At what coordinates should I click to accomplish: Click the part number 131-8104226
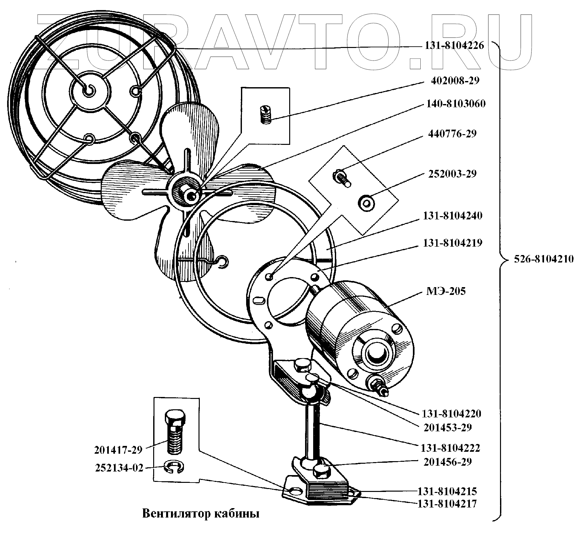[454, 46]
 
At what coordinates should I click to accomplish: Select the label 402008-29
[455, 81]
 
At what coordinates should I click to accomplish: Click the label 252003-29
[452, 174]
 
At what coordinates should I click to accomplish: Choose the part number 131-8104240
[452, 216]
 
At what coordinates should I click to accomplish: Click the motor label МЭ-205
[446, 291]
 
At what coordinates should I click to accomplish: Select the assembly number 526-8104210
[543, 259]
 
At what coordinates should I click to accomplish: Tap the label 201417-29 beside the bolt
[118, 450]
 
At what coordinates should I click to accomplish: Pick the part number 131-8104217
[447, 504]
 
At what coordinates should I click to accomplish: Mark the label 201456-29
[447, 462]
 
